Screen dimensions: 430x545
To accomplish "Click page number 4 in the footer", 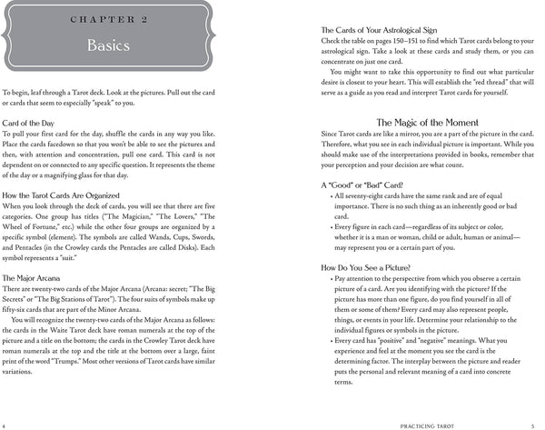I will click(x=5, y=425).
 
